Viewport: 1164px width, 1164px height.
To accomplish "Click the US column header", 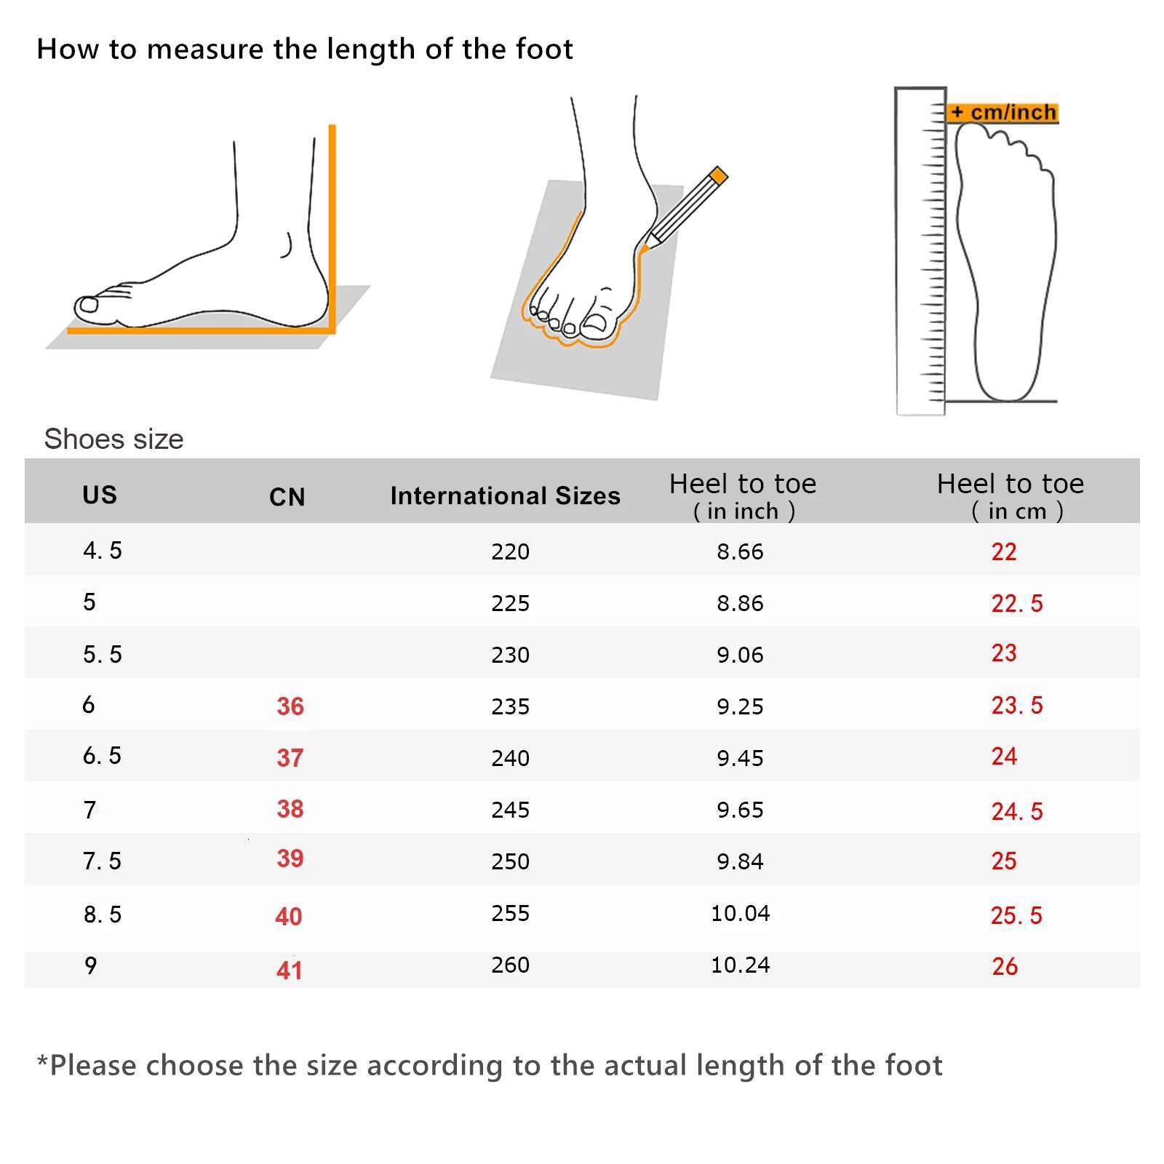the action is click(x=100, y=495).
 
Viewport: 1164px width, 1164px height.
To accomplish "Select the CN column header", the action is click(x=287, y=497).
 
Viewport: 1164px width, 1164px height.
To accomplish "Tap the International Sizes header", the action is click(x=506, y=495).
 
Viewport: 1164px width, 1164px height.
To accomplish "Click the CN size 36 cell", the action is click(x=290, y=706).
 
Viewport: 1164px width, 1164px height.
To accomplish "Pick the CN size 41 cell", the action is click(x=289, y=970).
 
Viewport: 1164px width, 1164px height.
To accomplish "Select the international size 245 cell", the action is click(x=510, y=810).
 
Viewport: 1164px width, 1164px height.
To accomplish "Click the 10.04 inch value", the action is click(x=740, y=913).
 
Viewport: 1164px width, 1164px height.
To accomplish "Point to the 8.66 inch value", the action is click(x=740, y=551).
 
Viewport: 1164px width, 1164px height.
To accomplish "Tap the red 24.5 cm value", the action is click(x=1016, y=811).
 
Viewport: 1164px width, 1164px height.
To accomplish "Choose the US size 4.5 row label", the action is click(x=102, y=551).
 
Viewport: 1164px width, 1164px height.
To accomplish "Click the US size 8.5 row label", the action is click(x=102, y=914).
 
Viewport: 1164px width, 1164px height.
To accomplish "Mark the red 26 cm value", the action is click(x=1004, y=966).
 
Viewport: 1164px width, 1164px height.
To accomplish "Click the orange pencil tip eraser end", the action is click(x=718, y=175).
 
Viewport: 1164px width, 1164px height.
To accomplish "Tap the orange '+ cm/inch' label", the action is click(x=1002, y=113).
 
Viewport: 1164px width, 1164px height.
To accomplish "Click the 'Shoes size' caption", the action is click(x=113, y=439).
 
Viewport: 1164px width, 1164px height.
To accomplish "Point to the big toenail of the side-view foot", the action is click(x=89, y=305).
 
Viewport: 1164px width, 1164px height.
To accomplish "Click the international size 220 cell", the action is click(x=510, y=551).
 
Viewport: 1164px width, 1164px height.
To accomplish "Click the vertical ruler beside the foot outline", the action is click(x=920, y=251).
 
